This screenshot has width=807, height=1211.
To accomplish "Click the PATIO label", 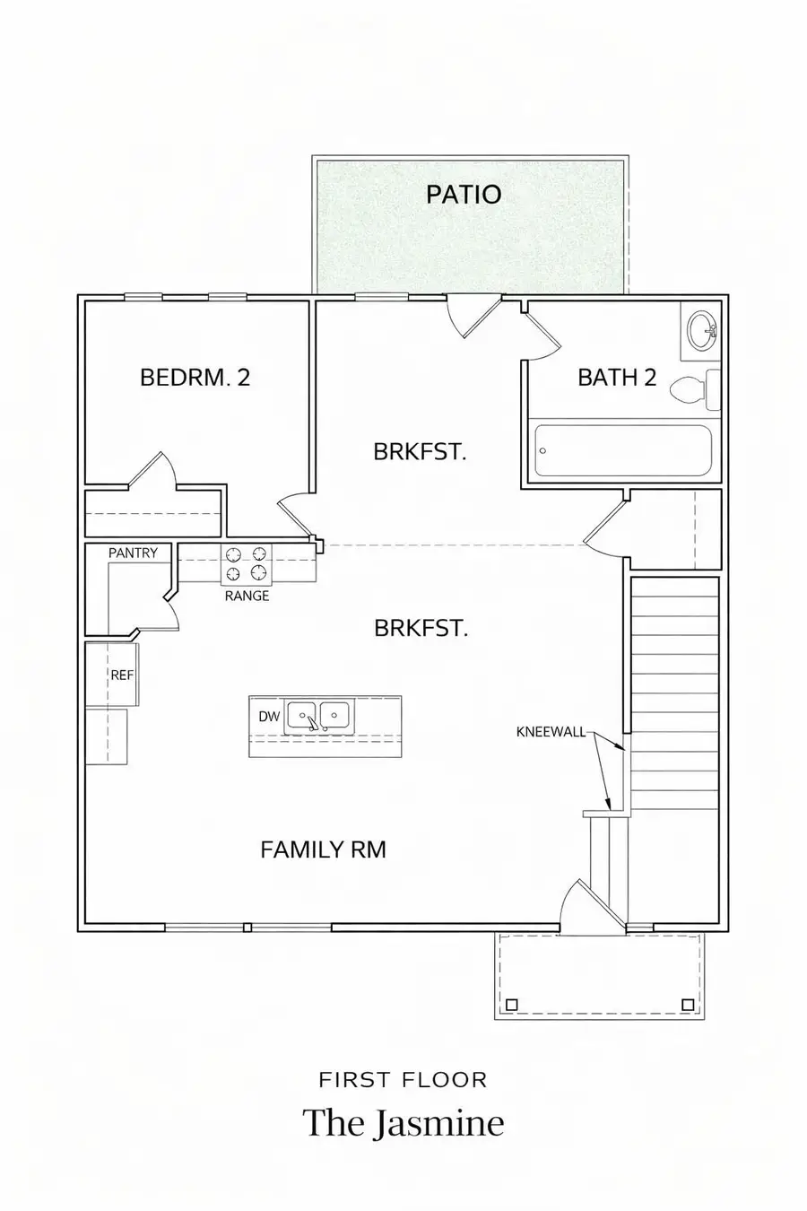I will pyautogui.click(x=464, y=194).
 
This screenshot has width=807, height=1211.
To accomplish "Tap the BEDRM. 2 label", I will pyautogui.click(x=195, y=377).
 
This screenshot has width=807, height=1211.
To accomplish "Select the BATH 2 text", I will pyautogui.click(x=617, y=377).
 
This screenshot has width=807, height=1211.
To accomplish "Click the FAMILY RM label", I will pyautogui.click(x=323, y=849).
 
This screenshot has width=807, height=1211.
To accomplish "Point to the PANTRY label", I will pyautogui.click(x=133, y=553).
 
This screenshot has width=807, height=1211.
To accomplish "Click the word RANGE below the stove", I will pyautogui.click(x=247, y=596).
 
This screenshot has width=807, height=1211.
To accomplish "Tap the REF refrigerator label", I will pyautogui.click(x=122, y=675).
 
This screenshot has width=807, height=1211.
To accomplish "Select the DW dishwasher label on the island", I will pyautogui.click(x=269, y=716).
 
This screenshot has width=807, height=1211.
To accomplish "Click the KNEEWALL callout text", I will pyautogui.click(x=551, y=732).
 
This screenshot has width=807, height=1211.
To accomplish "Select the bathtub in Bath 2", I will pyautogui.click(x=623, y=451).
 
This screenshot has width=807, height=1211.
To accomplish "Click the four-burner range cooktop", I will pyautogui.click(x=246, y=563).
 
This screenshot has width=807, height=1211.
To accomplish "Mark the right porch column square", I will pyautogui.click(x=688, y=1004).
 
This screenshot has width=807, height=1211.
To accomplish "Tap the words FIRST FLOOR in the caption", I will pyautogui.click(x=403, y=1079).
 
